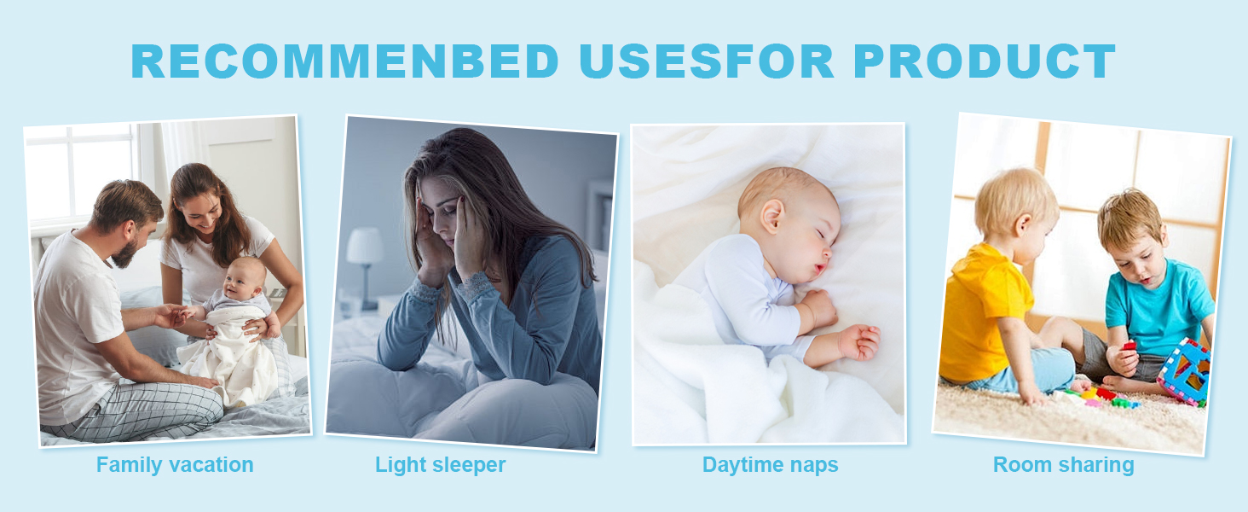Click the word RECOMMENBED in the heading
coord(345,61)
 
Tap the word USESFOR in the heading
coord(707,61)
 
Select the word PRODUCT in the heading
coord(985,61)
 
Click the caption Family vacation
coord(175,465)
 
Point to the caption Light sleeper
coord(440,465)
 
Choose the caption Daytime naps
coord(770,465)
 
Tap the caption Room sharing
coord(1064,465)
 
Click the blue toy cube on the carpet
coord(1184,371)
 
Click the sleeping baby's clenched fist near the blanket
coord(860,341)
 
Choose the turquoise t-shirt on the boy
coord(1158,306)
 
